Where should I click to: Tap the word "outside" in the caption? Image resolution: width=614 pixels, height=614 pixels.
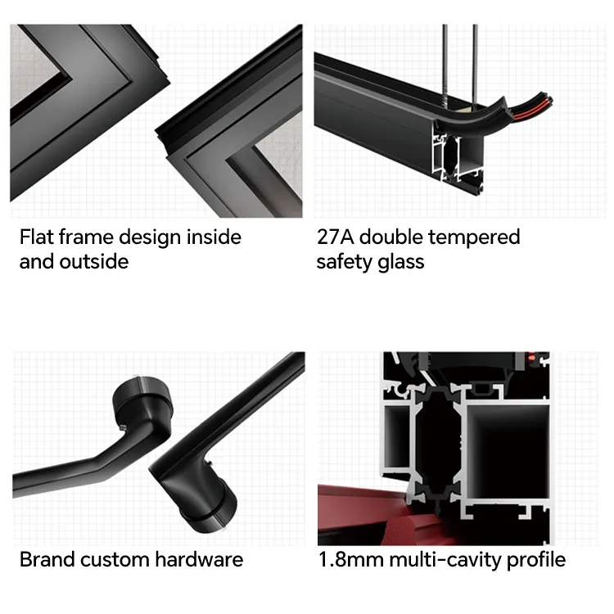click(94, 262)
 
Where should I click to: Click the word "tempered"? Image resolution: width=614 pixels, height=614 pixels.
click(474, 238)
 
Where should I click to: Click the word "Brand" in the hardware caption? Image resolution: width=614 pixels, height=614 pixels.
click(47, 560)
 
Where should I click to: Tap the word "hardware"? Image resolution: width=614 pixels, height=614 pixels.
click(199, 560)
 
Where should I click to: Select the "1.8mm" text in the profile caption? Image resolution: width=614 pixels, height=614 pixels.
click(351, 560)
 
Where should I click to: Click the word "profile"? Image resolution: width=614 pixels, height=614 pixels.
click(536, 561)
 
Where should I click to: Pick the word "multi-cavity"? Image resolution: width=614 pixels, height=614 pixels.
click(445, 561)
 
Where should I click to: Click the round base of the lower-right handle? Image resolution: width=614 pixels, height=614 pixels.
click(210, 509)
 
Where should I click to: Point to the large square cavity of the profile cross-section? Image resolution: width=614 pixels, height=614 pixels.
click(508, 451)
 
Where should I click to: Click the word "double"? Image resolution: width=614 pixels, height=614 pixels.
click(391, 237)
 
